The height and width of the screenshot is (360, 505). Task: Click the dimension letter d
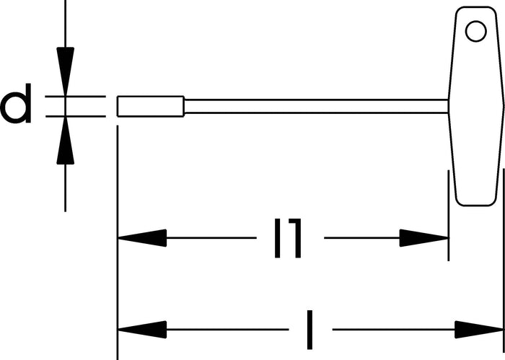pos(16,103)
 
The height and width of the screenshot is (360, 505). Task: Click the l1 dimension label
pos(288,238)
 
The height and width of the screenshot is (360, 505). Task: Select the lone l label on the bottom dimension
pos(309,330)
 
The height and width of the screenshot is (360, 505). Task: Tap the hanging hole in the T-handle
pos(476,31)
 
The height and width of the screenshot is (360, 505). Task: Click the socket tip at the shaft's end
pos(150,106)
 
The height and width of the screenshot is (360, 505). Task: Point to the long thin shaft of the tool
pos(316,106)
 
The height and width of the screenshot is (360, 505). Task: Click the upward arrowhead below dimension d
pos(66,141)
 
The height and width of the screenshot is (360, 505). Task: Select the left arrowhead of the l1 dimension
pos(142,238)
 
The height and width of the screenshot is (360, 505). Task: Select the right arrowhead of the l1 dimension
pos(424,238)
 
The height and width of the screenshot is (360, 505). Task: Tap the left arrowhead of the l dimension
pos(142,330)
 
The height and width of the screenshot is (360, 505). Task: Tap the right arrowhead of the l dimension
pos(479,330)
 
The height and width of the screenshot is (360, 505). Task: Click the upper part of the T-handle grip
pos(476,53)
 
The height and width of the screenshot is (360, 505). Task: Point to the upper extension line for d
pos(75,96)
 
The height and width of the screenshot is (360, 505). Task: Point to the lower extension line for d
pos(75,116)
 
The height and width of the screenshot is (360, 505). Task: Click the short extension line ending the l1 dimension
pos(449,216)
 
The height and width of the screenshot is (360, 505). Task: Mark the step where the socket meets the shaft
pos(184,106)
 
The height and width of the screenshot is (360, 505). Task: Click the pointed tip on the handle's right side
pos(504,106)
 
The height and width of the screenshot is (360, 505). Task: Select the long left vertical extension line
pos(118,242)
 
